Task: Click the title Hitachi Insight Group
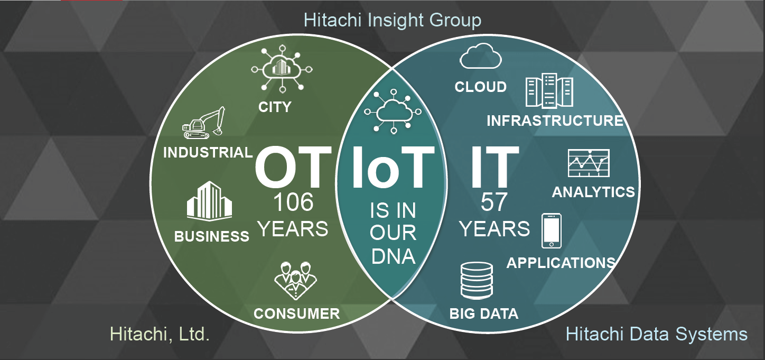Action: (x=393, y=20)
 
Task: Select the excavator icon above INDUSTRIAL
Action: (x=203, y=123)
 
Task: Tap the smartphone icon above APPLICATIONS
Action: (x=551, y=231)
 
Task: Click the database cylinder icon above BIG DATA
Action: (x=477, y=281)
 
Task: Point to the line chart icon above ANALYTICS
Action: (x=589, y=163)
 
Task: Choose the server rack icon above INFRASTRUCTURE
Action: (x=549, y=90)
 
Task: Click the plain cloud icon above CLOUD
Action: (x=481, y=56)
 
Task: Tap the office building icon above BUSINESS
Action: (x=209, y=200)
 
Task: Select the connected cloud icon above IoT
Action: (x=393, y=112)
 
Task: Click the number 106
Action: (x=293, y=202)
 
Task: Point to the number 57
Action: (x=494, y=202)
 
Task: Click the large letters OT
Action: (x=293, y=167)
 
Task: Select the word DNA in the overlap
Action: (x=393, y=256)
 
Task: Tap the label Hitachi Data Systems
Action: (x=656, y=334)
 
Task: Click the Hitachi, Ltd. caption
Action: (x=160, y=334)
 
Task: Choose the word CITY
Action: (x=275, y=107)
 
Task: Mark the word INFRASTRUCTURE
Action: (x=555, y=121)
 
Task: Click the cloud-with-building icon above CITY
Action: (x=282, y=69)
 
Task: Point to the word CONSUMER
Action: (x=297, y=314)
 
